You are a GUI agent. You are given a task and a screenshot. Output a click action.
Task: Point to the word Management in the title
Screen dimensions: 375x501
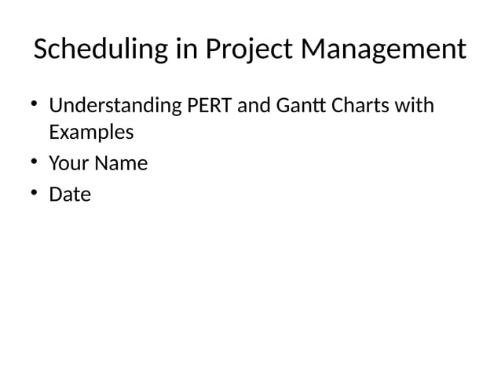[384, 51]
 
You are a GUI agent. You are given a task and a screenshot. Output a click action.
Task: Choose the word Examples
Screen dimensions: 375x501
[91, 133]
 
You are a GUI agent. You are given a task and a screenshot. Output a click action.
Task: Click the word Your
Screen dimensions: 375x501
[68, 164]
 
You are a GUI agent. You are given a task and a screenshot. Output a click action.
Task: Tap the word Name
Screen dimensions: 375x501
[121, 164]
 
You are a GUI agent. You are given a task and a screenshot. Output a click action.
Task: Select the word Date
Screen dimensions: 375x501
[70, 195]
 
